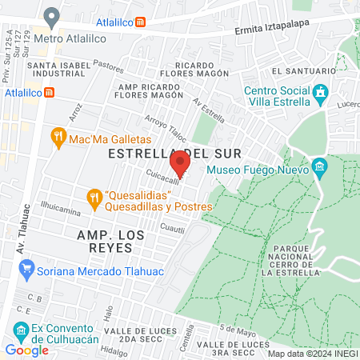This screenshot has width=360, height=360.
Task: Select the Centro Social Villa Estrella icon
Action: click(321, 94)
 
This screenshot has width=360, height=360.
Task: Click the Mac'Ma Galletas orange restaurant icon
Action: click(57, 138)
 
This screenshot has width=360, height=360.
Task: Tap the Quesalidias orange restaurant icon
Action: click(95, 196)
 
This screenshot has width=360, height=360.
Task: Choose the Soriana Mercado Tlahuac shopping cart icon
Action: click(26, 268)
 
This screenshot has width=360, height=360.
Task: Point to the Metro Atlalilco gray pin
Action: click(52, 16)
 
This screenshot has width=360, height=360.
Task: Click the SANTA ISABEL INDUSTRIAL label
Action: click(58, 70)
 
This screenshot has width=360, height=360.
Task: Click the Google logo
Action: click(26, 350)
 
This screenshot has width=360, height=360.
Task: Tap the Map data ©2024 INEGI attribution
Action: click(312, 354)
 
